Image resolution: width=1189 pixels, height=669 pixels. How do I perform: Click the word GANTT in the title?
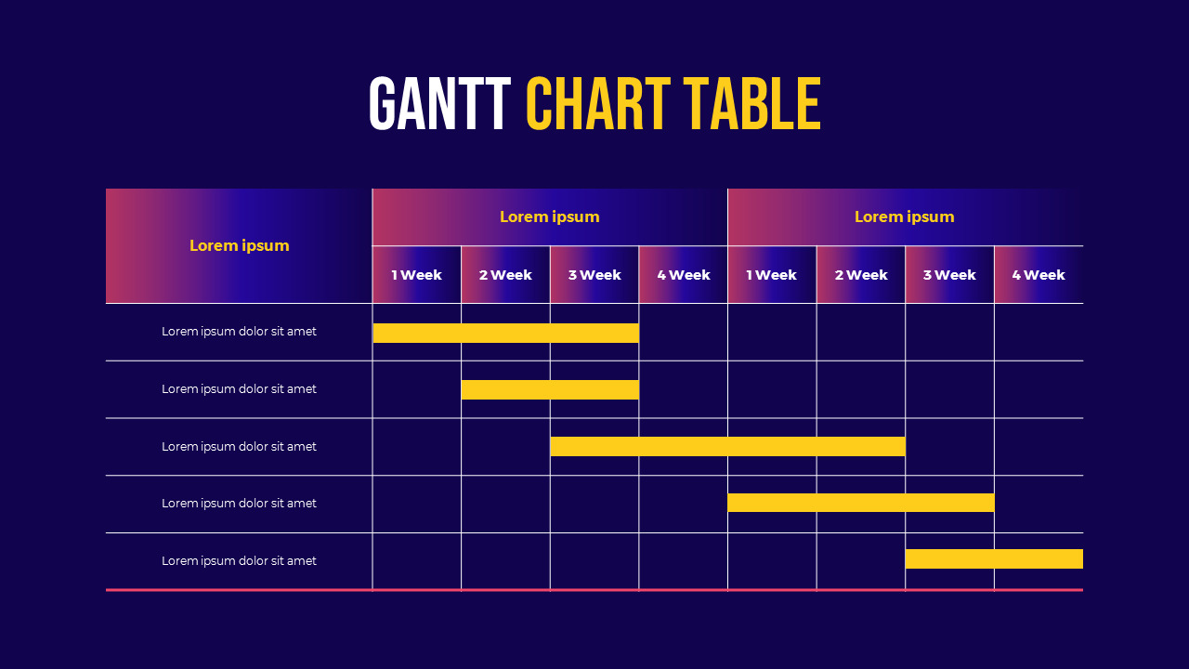[439, 104]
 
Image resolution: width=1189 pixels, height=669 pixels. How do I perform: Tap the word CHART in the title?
[598, 104]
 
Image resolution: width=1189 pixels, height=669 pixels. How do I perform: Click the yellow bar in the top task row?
[505, 333]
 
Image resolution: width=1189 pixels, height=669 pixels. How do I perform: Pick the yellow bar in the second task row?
[550, 389]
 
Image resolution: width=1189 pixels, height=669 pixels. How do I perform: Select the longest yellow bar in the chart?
[727, 446]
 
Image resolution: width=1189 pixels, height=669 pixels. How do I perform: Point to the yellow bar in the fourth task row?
[860, 503]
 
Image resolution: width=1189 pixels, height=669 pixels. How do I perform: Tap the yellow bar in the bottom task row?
[994, 558]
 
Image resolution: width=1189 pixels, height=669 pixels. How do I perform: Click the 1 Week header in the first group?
[416, 275]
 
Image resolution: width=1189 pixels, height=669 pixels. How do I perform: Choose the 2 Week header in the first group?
[505, 275]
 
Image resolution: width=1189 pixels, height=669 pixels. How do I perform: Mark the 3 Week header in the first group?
[594, 275]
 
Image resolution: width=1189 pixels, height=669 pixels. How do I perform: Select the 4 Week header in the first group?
[684, 275]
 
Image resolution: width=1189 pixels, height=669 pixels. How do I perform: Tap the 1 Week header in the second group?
[772, 275]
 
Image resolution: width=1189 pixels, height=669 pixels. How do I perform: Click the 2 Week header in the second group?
[861, 275]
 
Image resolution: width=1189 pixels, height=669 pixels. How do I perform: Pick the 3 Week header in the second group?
[949, 275]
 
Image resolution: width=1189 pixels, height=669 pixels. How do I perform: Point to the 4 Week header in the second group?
[1039, 275]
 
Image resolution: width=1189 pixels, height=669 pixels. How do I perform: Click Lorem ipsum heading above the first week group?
[550, 216]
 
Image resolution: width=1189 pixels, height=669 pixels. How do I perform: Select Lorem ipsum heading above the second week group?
[905, 216]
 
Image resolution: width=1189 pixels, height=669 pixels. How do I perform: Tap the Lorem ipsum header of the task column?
[240, 245]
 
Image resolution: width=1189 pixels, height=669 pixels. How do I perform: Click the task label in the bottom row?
[240, 560]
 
